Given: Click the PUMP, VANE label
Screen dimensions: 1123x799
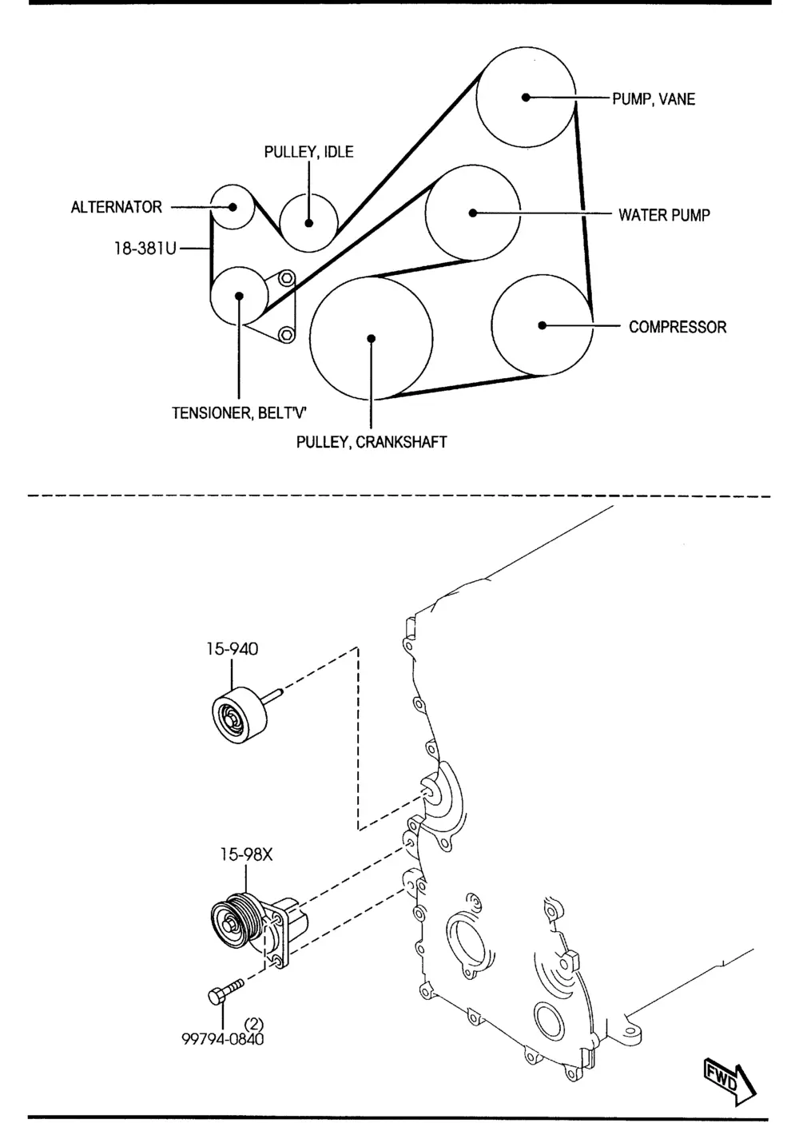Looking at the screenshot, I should pos(653,99).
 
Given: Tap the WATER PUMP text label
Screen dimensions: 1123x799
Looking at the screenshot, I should pos(664,214).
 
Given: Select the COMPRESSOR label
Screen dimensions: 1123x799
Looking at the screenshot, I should pos(678,327).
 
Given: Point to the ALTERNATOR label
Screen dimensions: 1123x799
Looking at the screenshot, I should pos(117,207).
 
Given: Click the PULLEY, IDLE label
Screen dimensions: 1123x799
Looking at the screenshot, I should pos(308,152).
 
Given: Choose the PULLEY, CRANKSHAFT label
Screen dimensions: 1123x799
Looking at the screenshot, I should pos(372,441).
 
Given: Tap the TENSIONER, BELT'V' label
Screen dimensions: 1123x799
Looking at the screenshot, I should pos(240,413).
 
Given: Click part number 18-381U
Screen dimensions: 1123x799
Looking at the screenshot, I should pos(144,249).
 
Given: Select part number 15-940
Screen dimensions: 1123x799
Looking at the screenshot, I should pos(231,649).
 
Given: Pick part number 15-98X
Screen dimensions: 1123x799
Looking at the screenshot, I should pos(246,854).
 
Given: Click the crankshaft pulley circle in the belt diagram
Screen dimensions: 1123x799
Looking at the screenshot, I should pos(372,338).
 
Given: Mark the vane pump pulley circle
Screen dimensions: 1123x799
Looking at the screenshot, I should pos(526,97).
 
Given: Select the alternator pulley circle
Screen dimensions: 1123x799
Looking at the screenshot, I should pos(232,207).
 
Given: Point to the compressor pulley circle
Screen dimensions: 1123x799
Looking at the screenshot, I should pos(542,325).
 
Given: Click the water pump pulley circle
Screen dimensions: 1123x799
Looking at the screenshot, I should pos(472,213).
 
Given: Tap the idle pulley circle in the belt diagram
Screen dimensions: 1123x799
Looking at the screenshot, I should pos(308,221).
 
